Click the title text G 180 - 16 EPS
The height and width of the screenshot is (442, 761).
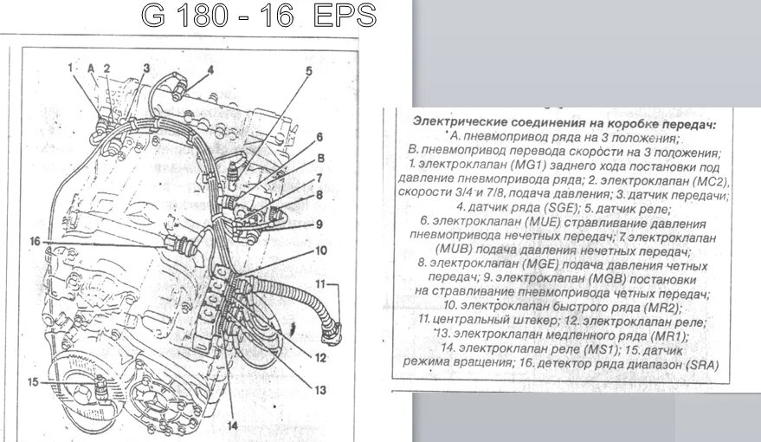click(259, 16)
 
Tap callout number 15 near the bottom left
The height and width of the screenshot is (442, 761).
click(33, 381)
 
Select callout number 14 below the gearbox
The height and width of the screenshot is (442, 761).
click(232, 425)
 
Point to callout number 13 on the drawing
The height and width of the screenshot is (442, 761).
click(319, 391)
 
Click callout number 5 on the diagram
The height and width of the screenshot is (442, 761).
click(307, 70)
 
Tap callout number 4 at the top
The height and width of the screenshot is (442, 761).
click(210, 69)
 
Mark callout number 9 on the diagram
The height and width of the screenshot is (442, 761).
click(319, 224)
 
